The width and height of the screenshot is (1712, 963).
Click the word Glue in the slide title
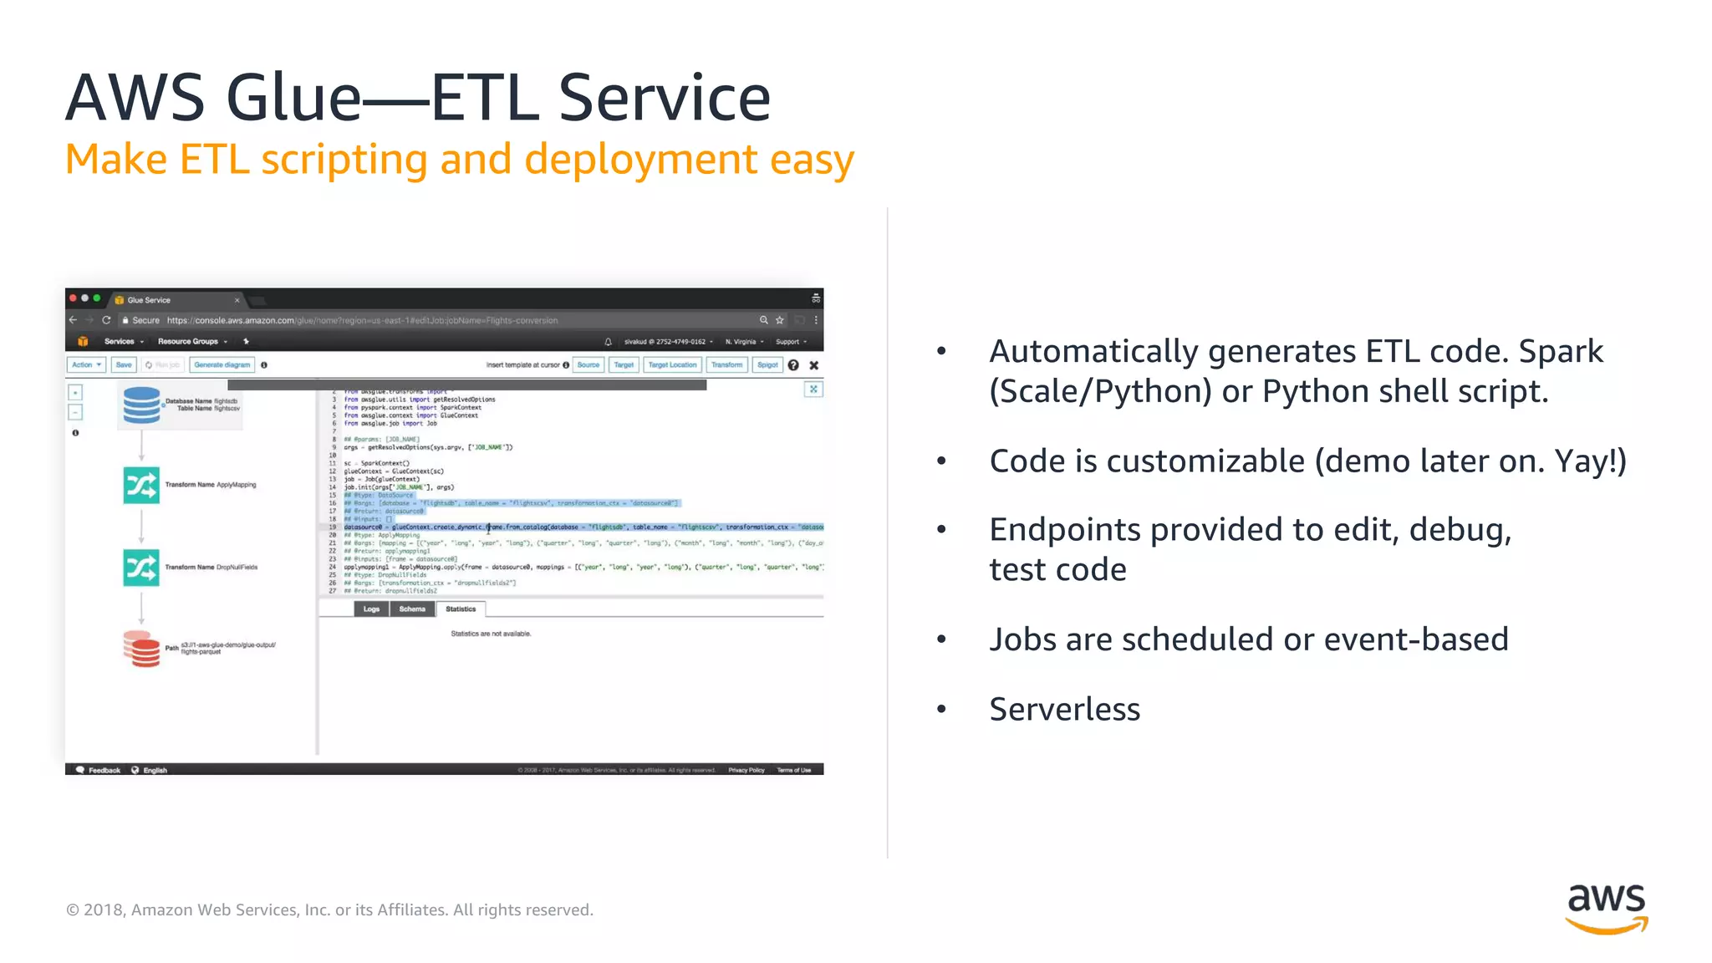coord(293,98)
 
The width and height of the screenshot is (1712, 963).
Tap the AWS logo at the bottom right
coord(1606,908)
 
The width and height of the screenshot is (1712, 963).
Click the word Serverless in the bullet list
coord(1064,709)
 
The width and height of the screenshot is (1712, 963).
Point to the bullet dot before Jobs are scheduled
coord(941,639)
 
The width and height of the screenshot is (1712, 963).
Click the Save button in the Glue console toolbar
coord(124,365)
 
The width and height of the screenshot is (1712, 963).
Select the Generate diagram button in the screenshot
coord(222,365)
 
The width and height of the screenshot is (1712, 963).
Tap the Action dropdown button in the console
coord(85,365)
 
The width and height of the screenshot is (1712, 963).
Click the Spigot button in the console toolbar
coord(767,365)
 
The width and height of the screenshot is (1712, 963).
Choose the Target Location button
coord(672,365)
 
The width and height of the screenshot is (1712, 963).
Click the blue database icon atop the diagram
coord(141,405)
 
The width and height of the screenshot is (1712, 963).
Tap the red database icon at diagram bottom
coord(141,649)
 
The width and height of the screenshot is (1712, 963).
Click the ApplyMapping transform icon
coord(141,485)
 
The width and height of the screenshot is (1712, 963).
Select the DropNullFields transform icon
coord(141,568)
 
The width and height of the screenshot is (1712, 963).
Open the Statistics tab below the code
coord(461,609)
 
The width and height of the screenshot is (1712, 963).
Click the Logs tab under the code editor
coord(371,609)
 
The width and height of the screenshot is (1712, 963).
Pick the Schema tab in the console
coord(412,609)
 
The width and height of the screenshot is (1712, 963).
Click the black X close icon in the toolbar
coord(814,365)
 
